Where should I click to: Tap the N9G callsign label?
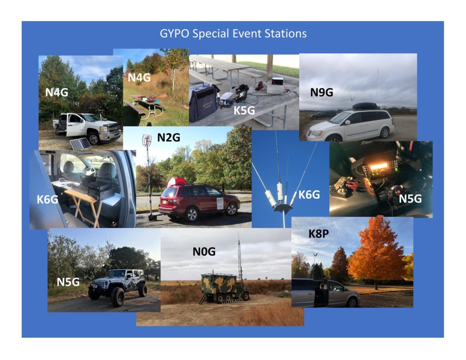(322, 92)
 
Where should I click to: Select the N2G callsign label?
(168, 137)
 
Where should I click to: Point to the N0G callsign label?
(204, 252)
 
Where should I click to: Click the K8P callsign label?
(319, 233)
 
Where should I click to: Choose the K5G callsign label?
(244, 110)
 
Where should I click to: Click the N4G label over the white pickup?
(56, 92)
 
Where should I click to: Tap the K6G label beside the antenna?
(309, 195)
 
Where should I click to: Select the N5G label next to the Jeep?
(68, 282)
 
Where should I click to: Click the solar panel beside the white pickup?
(80, 144)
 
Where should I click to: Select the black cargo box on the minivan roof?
(365, 106)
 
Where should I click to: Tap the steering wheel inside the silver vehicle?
(90, 171)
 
